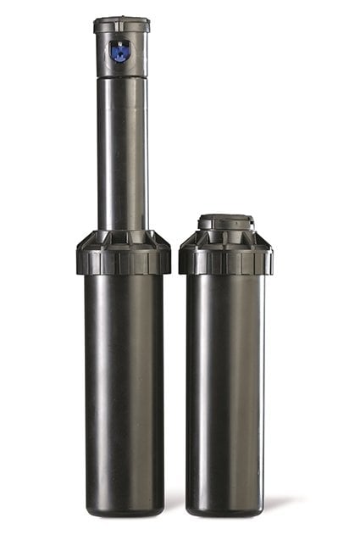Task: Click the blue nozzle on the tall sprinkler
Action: pyautogui.click(x=121, y=53)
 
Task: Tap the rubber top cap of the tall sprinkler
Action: pyautogui.click(x=121, y=25)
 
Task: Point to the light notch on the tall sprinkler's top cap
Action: pyautogui.click(x=121, y=18)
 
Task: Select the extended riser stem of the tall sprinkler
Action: pyautogui.click(x=122, y=153)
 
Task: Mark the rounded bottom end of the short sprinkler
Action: pyautogui.click(x=225, y=509)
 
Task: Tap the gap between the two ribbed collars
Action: pyautogui.click(x=174, y=259)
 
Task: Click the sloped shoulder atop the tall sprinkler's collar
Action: pyautogui.click(x=123, y=237)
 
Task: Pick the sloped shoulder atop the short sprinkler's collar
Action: pyautogui.click(x=225, y=238)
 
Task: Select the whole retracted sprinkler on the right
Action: pyautogui.click(x=225, y=365)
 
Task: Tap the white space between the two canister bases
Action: pyautogui.click(x=174, y=500)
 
